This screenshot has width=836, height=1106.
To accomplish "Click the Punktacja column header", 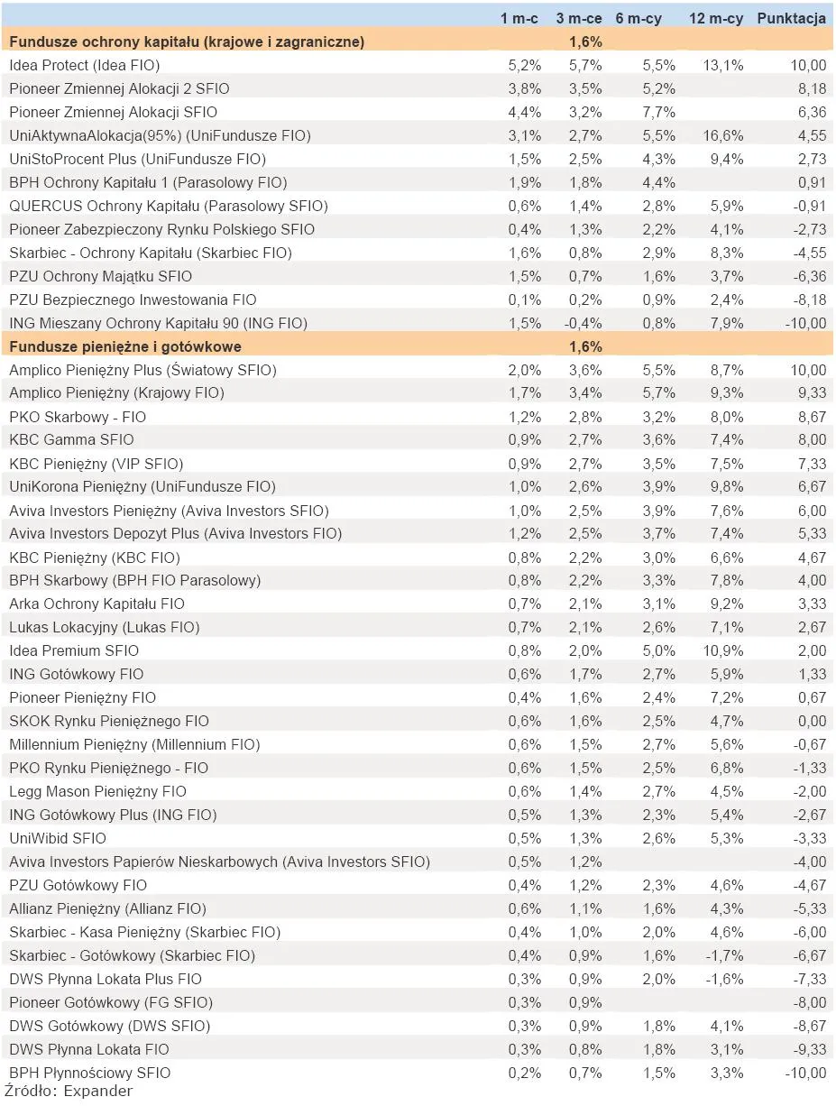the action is click(x=791, y=19).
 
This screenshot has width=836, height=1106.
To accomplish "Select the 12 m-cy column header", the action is click(x=716, y=19).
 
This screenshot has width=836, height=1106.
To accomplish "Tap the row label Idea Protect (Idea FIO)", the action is click(x=85, y=66).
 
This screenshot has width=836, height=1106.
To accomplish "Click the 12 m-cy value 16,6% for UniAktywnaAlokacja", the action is click(x=722, y=135).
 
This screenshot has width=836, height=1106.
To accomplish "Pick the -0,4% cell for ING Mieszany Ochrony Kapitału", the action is click(x=583, y=323).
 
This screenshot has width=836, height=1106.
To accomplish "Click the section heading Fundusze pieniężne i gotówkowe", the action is click(x=125, y=346).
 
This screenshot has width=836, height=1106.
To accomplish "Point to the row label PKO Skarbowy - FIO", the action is click(x=78, y=417).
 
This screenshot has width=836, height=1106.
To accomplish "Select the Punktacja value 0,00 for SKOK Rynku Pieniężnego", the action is click(x=812, y=721).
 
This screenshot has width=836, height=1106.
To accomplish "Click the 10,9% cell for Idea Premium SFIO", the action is click(x=722, y=650).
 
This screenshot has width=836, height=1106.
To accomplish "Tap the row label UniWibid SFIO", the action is click(x=58, y=838).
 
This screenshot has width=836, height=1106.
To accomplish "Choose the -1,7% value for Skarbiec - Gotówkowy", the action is click(x=724, y=956).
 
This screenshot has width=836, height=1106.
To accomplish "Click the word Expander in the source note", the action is click(x=97, y=1092).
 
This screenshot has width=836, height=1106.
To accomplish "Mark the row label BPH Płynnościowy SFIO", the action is click(x=90, y=1074).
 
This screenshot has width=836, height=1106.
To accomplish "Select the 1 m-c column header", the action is click(x=519, y=19).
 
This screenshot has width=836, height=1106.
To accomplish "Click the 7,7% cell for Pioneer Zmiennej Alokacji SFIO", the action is click(x=658, y=113).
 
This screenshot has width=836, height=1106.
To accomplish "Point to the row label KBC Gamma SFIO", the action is click(x=71, y=440).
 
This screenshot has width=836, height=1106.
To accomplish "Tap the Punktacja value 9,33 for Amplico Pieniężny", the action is click(x=812, y=393).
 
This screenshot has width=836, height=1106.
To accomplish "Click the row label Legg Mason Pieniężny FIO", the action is click(x=97, y=791).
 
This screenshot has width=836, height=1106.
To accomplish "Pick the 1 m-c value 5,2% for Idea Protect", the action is click(x=524, y=66).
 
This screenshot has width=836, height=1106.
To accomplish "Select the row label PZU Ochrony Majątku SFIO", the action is click(x=101, y=277).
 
